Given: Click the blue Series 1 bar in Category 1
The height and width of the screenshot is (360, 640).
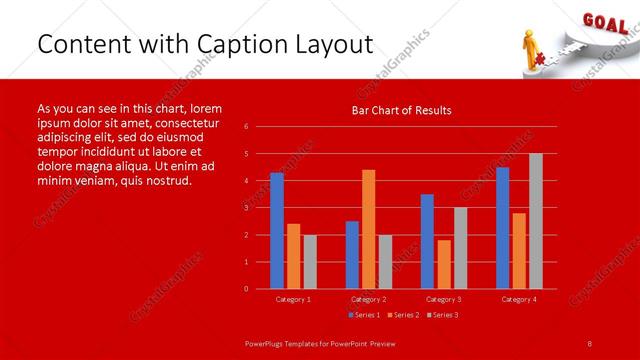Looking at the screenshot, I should pos(277,231).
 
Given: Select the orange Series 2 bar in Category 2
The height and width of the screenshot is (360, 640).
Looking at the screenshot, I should pos(369,229).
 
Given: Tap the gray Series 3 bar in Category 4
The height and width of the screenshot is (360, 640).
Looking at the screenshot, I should pos(536,221).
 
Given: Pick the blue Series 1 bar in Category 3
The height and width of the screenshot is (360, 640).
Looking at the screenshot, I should pos(427,241).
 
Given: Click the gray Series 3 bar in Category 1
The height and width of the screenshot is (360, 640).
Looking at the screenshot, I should pos(310,261).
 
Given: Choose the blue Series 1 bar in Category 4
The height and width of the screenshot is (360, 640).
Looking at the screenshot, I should pos(502,228).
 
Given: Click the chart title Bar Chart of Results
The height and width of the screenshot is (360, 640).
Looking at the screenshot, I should pos(401,110).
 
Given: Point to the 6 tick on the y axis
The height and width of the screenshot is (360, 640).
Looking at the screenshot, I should pos(246,127).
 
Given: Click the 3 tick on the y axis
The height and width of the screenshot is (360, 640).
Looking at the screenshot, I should pos(246,208).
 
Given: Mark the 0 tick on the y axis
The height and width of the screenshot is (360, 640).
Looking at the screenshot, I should pos(246,289).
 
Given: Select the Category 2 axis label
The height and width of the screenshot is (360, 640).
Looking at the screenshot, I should pos(368,299).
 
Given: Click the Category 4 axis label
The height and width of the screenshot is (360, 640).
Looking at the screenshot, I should pos(518,299).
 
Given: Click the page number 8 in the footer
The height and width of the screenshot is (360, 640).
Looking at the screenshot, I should pos(590,342).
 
